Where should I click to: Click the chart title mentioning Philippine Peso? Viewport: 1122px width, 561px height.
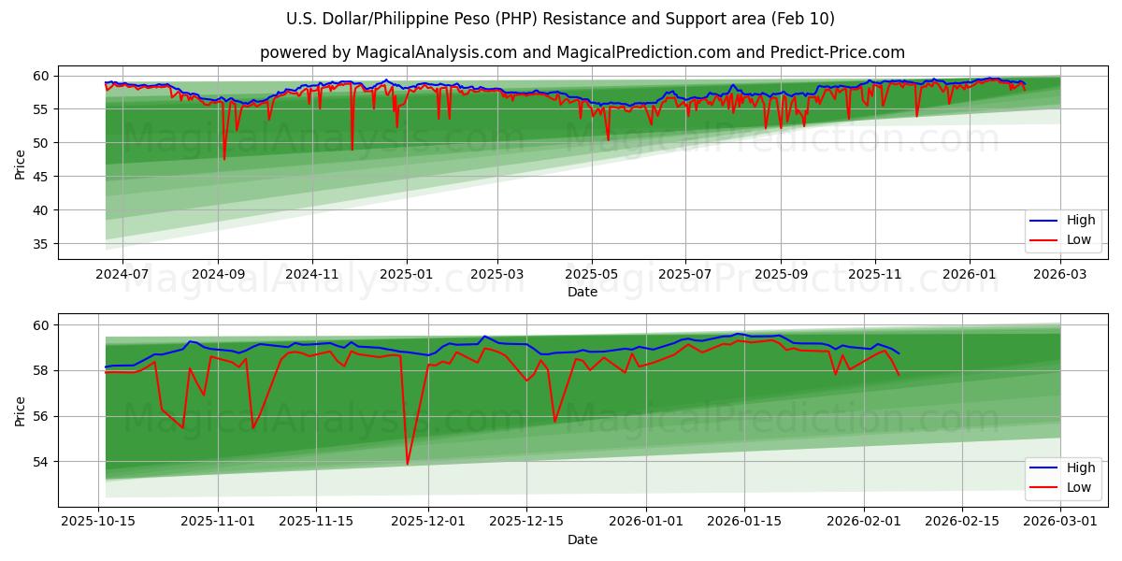[x=560, y=19]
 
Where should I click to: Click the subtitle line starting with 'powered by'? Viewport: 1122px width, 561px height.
[x=582, y=52]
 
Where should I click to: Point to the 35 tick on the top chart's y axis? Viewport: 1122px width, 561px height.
[x=41, y=244]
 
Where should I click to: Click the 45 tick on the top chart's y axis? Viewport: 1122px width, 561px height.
[x=41, y=177]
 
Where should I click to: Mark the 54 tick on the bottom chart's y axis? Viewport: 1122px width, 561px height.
[x=41, y=462]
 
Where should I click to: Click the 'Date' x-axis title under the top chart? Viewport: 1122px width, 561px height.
[x=582, y=293]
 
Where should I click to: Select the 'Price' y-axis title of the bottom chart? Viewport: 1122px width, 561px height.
[x=21, y=410]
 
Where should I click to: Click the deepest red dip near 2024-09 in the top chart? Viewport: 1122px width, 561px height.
[x=224, y=159]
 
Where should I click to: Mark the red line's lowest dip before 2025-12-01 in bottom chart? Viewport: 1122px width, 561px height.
[x=408, y=464]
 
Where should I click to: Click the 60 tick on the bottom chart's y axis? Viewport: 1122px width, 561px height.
[x=41, y=325]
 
